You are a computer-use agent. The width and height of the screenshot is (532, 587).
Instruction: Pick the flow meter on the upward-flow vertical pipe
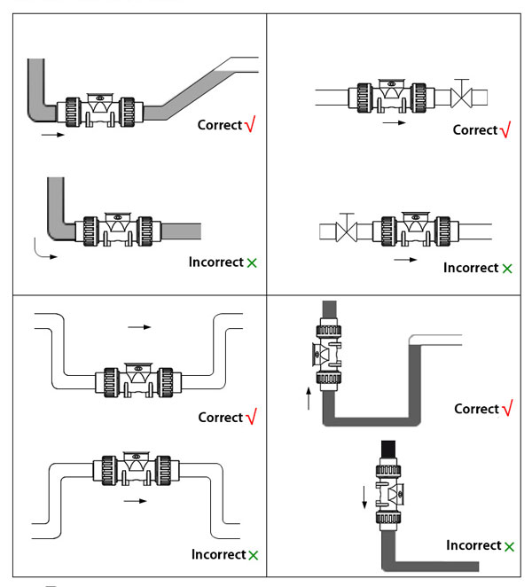coord(329,354)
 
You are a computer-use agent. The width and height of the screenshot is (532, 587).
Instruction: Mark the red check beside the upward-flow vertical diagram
coord(506,409)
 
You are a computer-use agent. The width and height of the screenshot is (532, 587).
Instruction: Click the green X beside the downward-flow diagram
coord(509,546)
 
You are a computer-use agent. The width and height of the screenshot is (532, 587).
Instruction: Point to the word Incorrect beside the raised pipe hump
coord(218,554)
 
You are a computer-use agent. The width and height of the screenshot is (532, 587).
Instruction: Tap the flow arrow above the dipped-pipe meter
coord(139,327)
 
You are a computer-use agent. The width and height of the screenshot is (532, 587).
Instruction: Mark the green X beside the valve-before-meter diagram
coord(507,268)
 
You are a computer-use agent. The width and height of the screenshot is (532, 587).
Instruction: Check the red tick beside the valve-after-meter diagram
coord(505,130)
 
